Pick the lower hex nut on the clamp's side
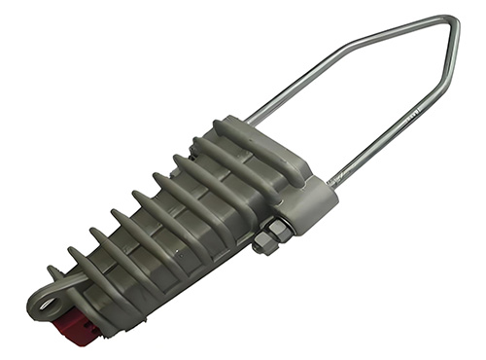point(262,245)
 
